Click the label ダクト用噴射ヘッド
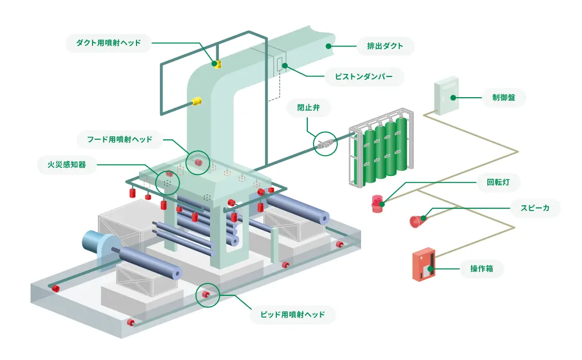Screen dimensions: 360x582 point(109,43)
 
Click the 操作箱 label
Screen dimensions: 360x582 point(481,268)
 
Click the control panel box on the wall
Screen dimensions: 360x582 point(446,96)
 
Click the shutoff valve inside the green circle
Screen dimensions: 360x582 point(324,143)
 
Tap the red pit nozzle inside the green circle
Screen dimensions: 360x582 point(206,295)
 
